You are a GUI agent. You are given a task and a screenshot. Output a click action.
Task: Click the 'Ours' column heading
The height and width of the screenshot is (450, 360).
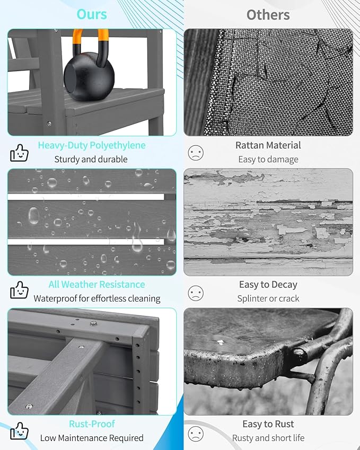click(92, 14)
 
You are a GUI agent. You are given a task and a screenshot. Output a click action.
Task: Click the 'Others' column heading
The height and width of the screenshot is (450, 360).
click(268, 15)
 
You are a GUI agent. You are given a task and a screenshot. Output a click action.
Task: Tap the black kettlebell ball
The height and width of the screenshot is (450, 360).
click(89, 76)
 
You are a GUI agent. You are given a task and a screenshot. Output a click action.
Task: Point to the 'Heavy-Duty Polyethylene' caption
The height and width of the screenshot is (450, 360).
click(92, 145)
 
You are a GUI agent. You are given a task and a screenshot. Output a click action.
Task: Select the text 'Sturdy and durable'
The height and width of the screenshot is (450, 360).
click(91, 160)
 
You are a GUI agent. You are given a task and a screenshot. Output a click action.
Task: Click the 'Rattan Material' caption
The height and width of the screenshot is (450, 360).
click(268, 145)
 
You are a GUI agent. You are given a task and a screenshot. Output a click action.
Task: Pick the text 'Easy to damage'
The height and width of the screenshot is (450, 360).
click(268, 160)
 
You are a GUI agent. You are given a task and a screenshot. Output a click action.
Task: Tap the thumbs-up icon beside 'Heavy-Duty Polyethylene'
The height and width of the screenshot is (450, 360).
click(19, 153)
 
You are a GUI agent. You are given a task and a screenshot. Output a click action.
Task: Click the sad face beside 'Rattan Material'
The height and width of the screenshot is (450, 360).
click(196, 153)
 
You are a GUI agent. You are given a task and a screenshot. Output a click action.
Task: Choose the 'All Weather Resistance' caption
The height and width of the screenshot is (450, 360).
click(96, 285)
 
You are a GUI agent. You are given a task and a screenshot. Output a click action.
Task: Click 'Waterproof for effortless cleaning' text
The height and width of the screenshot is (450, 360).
click(96, 298)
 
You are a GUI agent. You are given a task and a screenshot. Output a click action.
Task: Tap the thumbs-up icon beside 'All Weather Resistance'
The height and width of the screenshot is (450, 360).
click(19, 290)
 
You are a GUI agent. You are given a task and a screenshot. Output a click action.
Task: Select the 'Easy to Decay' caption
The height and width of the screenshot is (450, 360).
click(268, 285)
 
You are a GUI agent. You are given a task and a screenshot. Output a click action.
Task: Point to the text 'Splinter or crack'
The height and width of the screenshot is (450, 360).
click(268, 298)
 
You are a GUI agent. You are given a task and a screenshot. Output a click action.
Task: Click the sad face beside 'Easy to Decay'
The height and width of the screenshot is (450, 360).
click(196, 293)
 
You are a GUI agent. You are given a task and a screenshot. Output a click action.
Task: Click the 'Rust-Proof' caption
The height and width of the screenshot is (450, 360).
click(92, 424)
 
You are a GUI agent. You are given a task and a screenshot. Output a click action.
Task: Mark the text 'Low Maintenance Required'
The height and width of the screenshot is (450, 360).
click(92, 438)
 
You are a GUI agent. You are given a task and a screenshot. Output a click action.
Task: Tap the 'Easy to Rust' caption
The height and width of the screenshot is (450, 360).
click(268, 424)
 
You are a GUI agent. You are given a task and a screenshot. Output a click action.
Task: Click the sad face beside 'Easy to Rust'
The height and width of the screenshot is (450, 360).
click(196, 434)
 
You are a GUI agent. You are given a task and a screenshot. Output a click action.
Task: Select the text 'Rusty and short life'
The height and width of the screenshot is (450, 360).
click(268, 438)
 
